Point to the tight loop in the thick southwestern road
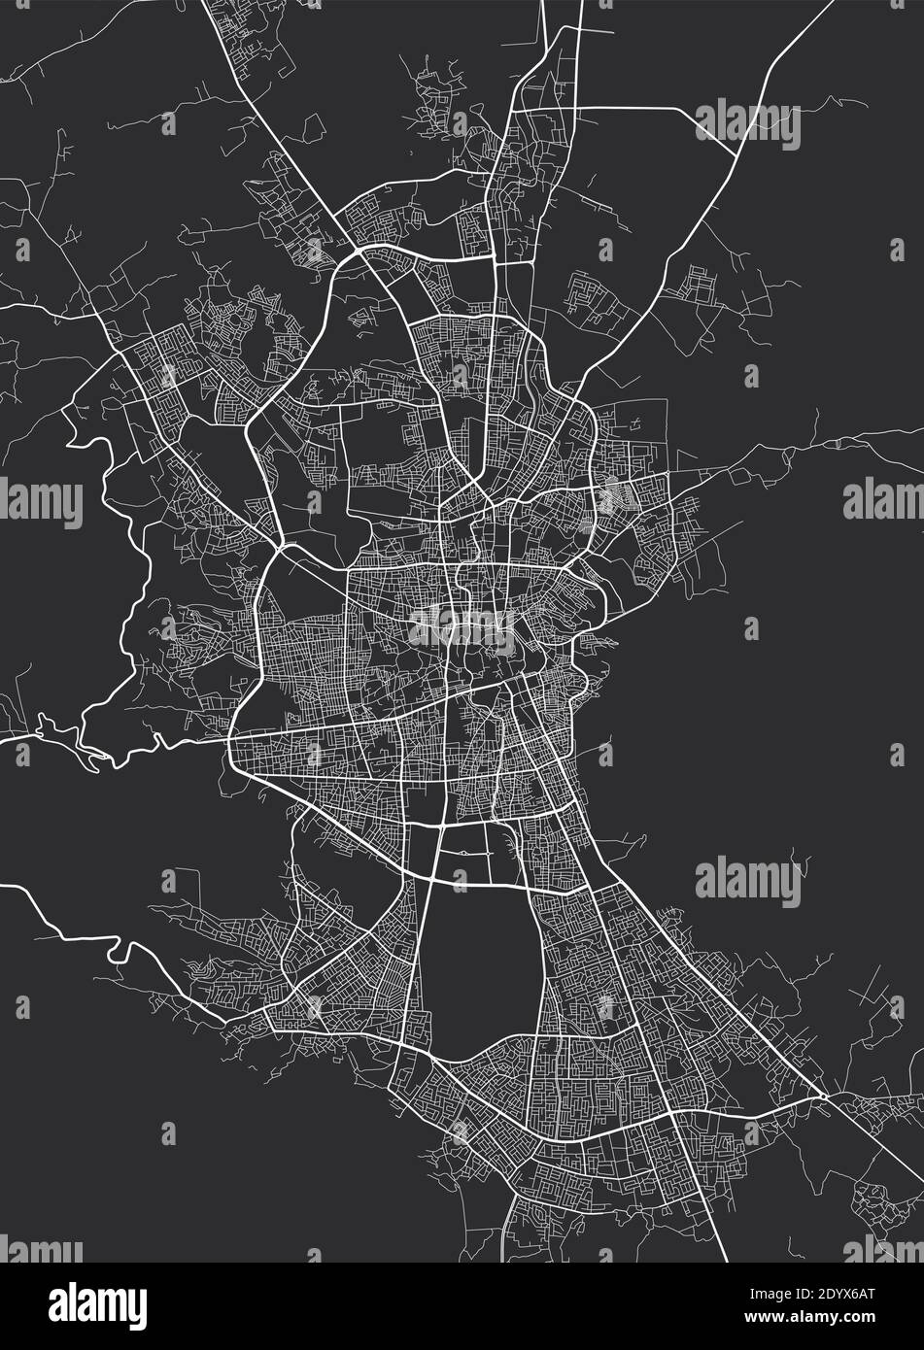[119, 951]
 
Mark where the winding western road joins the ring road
[230, 741]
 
